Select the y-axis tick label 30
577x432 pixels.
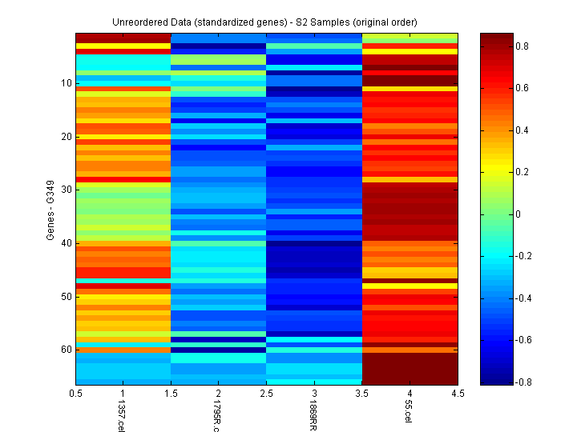click(x=65, y=190)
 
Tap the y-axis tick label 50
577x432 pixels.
click(x=65, y=296)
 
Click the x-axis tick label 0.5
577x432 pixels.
click(x=76, y=394)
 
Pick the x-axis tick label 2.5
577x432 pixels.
click(x=267, y=394)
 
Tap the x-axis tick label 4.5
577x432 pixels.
click(x=458, y=394)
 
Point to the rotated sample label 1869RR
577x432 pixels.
click(x=312, y=416)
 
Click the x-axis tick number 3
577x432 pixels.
click(x=314, y=394)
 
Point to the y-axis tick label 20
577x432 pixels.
click(x=65, y=137)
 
